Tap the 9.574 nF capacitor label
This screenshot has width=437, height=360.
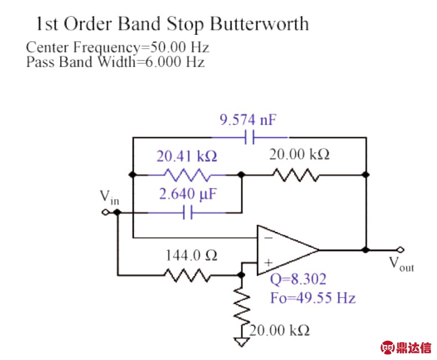(x=246, y=119)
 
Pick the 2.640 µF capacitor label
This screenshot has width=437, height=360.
(x=186, y=195)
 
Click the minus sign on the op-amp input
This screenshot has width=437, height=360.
(x=267, y=237)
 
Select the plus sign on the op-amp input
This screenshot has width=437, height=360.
(x=268, y=263)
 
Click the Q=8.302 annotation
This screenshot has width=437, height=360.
(x=297, y=278)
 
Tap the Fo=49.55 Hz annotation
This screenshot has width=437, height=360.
(x=313, y=298)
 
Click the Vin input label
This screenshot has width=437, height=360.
(x=109, y=197)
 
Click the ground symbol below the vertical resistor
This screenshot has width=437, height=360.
(x=241, y=341)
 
